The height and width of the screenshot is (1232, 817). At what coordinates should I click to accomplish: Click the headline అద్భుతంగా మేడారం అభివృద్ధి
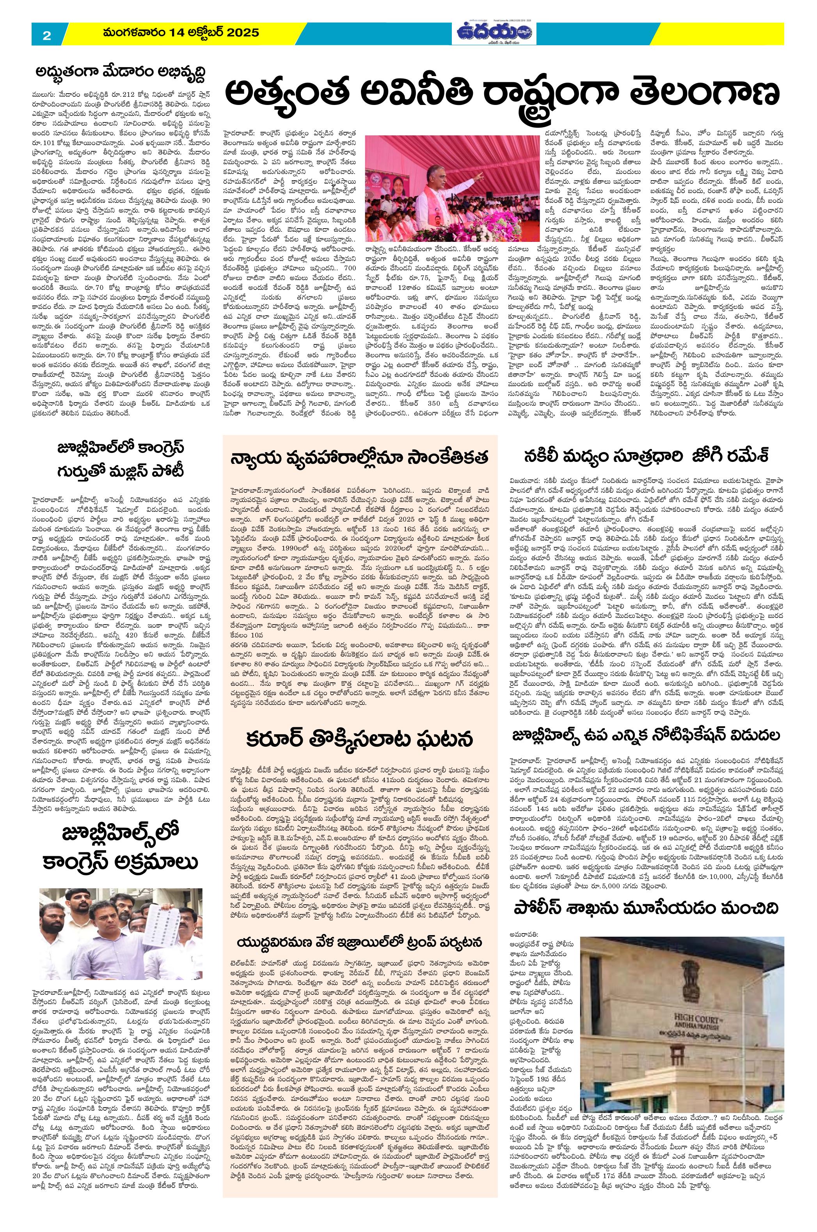[x=123, y=73]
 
